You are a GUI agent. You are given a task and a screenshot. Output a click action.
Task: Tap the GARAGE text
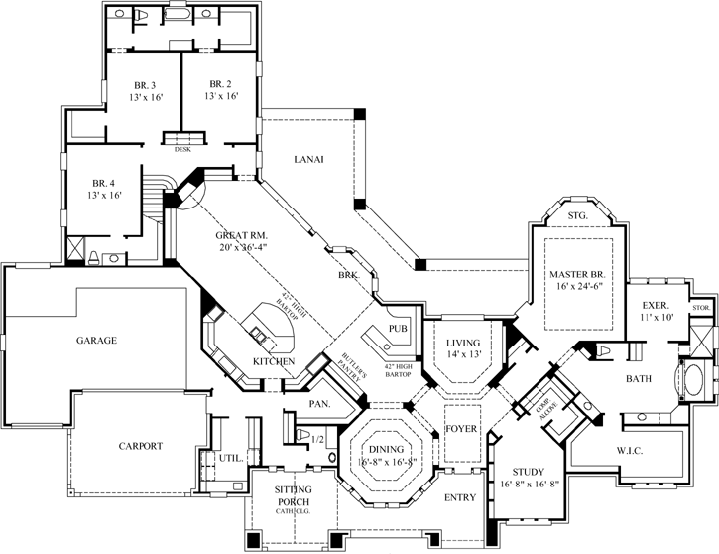tap(97, 340)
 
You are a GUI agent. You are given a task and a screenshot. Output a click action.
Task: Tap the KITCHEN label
tap(274, 360)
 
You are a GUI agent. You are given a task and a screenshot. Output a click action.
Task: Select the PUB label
tap(399, 328)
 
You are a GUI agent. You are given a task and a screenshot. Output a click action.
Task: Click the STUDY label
tap(531, 472)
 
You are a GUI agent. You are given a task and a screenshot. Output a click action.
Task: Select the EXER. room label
tap(657, 306)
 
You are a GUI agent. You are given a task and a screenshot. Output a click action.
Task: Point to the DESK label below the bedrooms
tap(183, 150)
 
